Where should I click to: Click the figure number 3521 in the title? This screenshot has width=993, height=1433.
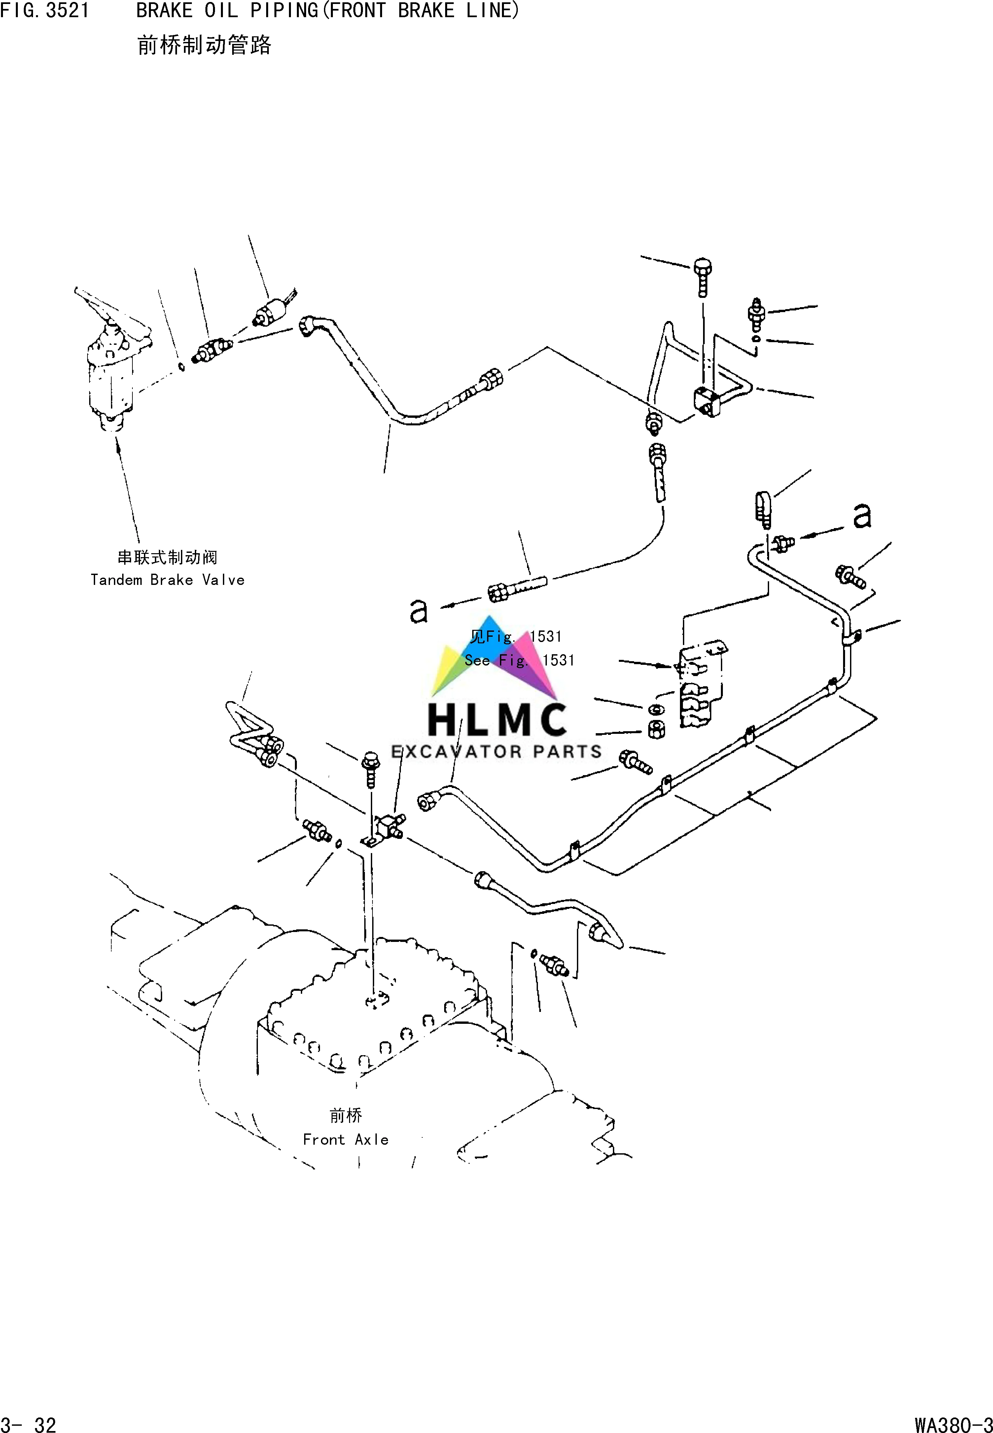click(67, 11)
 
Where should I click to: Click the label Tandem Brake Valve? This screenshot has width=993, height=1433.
click(167, 580)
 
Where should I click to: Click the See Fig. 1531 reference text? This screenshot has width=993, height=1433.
click(519, 660)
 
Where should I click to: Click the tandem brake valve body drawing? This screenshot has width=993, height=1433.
click(112, 373)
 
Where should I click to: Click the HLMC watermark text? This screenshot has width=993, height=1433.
click(497, 720)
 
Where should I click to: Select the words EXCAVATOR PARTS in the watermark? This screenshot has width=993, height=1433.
click(497, 752)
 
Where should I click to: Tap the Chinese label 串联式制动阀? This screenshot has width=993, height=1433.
click(167, 557)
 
